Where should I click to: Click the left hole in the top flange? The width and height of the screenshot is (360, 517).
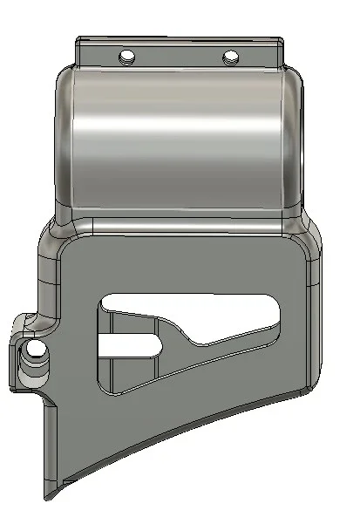click(x=128, y=57)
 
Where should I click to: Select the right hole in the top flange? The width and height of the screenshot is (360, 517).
click(x=230, y=58)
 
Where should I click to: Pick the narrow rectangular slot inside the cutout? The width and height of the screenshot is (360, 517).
click(x=128, y=345)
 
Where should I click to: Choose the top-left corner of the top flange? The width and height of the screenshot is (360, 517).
click(x=79, y=40)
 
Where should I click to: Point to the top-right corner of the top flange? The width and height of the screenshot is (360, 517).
click(x=281, y=40)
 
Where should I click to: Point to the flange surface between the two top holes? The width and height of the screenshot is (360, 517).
click(x=179, y=54)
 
